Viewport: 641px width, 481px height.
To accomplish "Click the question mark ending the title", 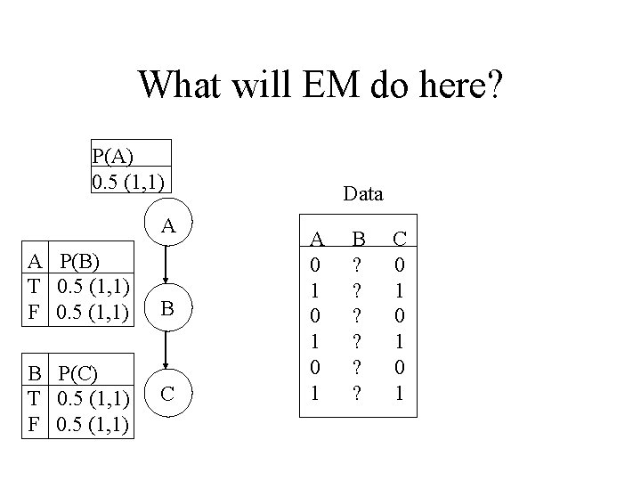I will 491,86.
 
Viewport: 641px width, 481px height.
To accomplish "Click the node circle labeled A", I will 166,227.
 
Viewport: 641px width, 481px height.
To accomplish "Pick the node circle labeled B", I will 166,309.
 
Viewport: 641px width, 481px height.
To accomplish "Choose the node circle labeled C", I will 166,392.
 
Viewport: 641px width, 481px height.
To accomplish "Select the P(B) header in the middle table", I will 83,261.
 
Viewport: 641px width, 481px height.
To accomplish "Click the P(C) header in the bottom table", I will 83,370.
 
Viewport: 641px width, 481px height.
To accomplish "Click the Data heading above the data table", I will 362,192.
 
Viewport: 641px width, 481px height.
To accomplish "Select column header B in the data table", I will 359,239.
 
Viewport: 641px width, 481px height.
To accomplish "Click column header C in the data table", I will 400,239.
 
